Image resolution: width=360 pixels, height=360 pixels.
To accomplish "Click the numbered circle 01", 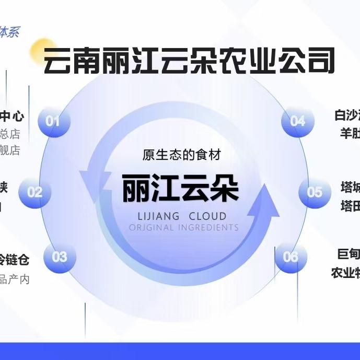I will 53,121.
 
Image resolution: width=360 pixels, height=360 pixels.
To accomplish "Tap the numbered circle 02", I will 35,192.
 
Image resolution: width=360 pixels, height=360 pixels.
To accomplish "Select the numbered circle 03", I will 60,257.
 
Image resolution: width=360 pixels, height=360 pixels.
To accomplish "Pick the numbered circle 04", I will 297,121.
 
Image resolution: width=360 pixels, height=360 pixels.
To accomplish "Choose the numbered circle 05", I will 315,192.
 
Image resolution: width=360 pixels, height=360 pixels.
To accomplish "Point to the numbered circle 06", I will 291,257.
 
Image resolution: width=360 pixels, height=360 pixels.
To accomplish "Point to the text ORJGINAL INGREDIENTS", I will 183,228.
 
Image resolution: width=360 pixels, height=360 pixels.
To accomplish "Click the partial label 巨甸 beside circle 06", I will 349,254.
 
